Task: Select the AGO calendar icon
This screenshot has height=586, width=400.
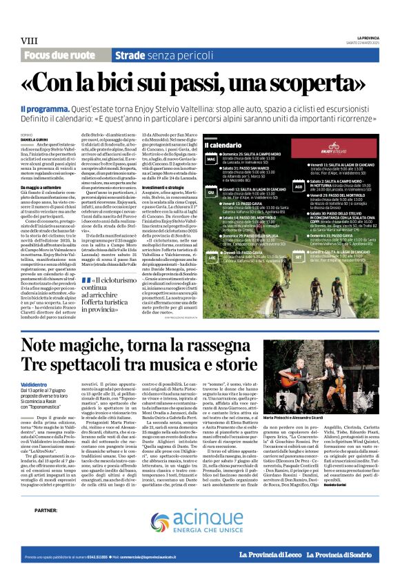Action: [x=298, y=186]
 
